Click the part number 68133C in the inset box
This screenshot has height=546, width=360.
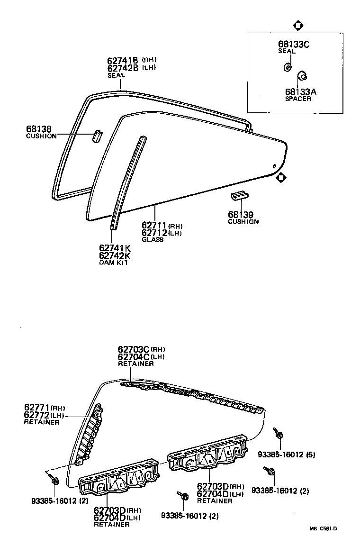pyautogui.click(x=293, y=45)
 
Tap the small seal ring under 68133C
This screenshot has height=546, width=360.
pyautogui.click(x=287, y=67)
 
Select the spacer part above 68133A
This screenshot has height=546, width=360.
pyautogui.click(x=301, y=75)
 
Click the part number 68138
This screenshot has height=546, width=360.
pyautogui.click(x=39, y=129)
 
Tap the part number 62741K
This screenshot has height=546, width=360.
pyautogui.click(x=115, y=248)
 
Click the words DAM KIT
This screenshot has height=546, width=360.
pyautogui.click(x=113, y=263)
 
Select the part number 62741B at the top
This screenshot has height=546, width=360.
pyautogui.click(x=122, y=60)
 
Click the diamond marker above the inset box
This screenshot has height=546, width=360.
pyautogui.click(x=298, y=26)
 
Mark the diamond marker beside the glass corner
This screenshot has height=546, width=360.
pyautogui.click(x=281, y=178)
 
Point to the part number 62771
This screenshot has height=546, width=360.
pyautogui.click(x=37, y=407)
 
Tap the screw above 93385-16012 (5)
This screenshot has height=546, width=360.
pyautogui.click(x=278, y=433)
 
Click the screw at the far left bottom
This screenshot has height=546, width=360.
pyautogui.click(x=54, y=480)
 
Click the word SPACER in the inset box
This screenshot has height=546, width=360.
pyautogui.click(x=298, y=99)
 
